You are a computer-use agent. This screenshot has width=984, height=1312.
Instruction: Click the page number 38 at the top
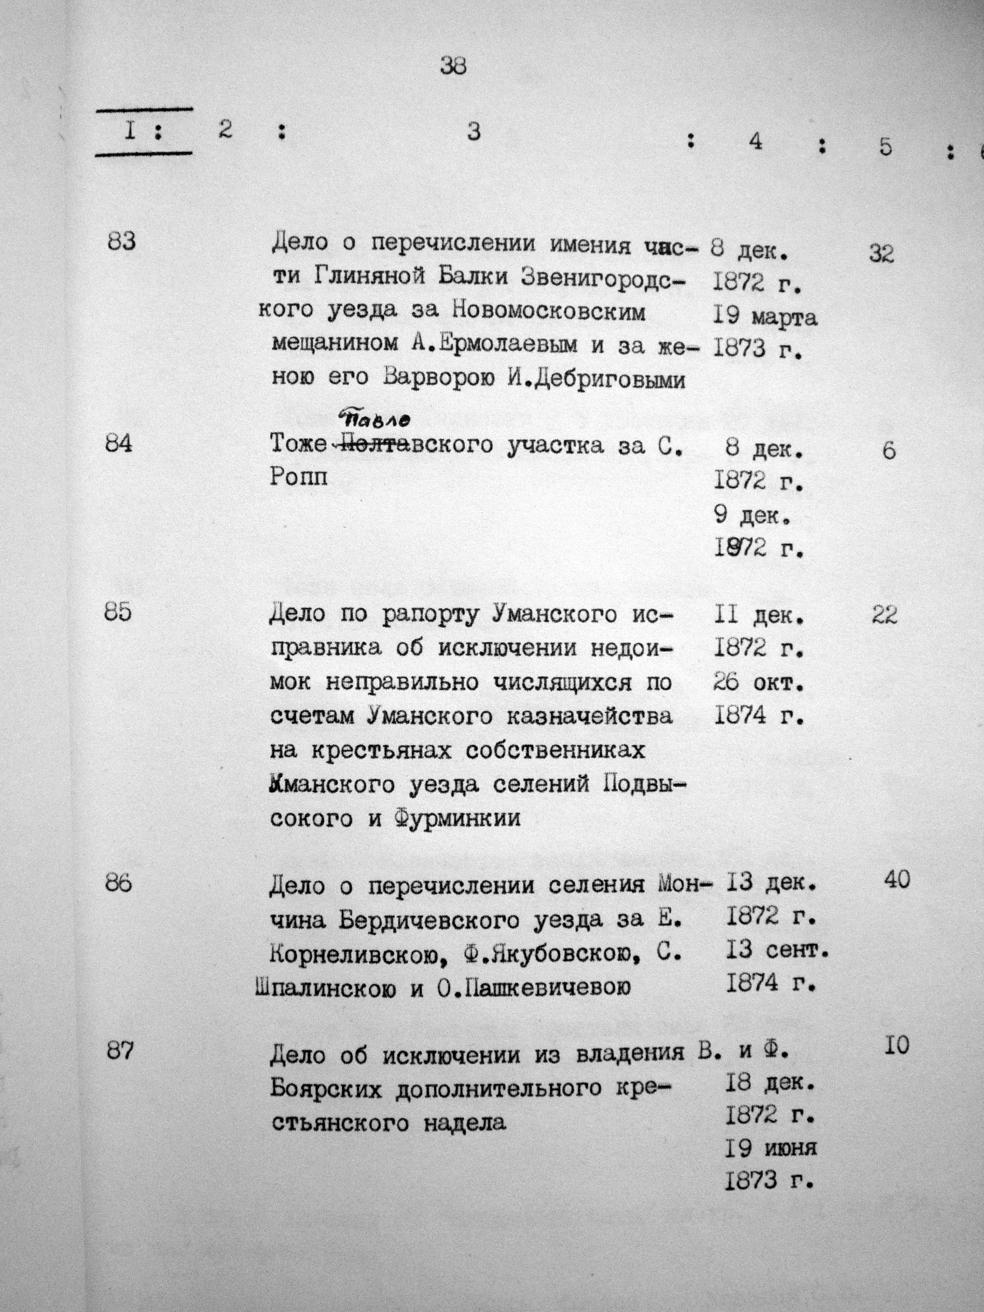click(454, 65)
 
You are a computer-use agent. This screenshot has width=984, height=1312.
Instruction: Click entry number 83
click(122, 241)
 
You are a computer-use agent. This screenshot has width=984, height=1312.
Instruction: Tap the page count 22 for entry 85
click(884, 616)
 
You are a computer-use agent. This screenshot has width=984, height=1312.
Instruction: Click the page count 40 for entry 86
click(895, 880)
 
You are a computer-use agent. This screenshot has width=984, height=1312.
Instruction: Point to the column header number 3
click(473, 132)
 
